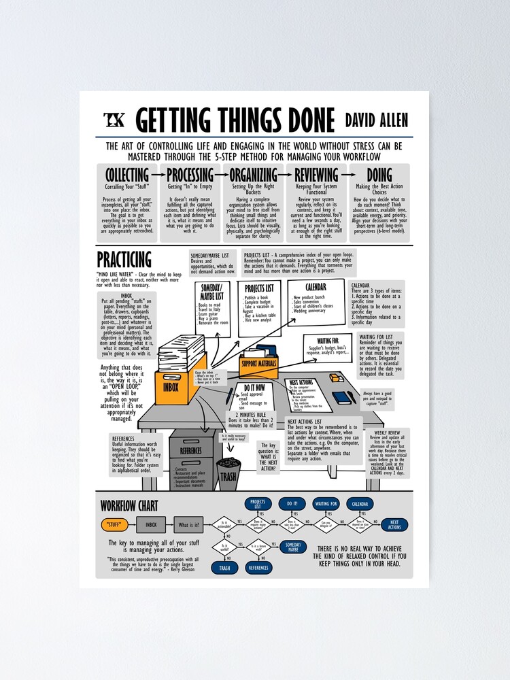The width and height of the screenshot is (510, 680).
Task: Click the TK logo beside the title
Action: [x=114, y=120]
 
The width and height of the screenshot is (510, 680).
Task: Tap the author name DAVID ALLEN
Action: [x=377, y=121]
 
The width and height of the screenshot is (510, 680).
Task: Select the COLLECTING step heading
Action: [x=127, y=175]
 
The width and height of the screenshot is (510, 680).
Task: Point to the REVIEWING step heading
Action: [x=317, y=175]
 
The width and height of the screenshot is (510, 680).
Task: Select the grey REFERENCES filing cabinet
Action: [x=191, y=456]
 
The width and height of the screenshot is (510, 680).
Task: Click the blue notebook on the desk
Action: [x=341, y=397]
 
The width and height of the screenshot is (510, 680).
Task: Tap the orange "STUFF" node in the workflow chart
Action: [x=116, y=525]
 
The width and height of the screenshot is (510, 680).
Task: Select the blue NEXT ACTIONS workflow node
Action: [x=394, y=525]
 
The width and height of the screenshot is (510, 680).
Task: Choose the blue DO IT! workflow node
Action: [x=292, y=504]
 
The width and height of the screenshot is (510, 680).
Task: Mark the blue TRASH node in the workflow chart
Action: [x=224, y=567]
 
